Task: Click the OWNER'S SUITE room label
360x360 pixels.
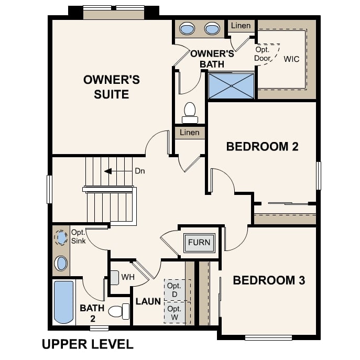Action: tap(112, 87)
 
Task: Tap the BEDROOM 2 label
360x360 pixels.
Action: tap(262, 146)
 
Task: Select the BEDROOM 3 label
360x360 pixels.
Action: tap(268, 280)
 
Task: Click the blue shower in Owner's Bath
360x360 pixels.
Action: tap(231, 86)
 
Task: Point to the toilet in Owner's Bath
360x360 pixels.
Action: tap(190, 112)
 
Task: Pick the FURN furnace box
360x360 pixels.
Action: tap(199, 242)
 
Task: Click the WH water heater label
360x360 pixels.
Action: tap(128, 276)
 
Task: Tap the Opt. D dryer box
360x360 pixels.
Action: tap(174, 290)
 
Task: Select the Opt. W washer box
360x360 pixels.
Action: tap(174, 312)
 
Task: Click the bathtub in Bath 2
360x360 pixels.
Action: tap(64, 302)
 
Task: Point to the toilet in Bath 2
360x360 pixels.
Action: tap(118, 311)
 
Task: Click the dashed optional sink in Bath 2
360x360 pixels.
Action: tap(61, 238)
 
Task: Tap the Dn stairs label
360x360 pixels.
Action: tap(140, 171)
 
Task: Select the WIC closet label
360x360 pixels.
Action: tap(291, 59)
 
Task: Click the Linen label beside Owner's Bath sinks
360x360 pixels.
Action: tap(241, 26)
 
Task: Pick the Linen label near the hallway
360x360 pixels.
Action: tap(190, 133)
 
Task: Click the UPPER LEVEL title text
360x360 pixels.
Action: tap(87, 344)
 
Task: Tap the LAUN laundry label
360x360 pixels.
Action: tap(148, 302)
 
